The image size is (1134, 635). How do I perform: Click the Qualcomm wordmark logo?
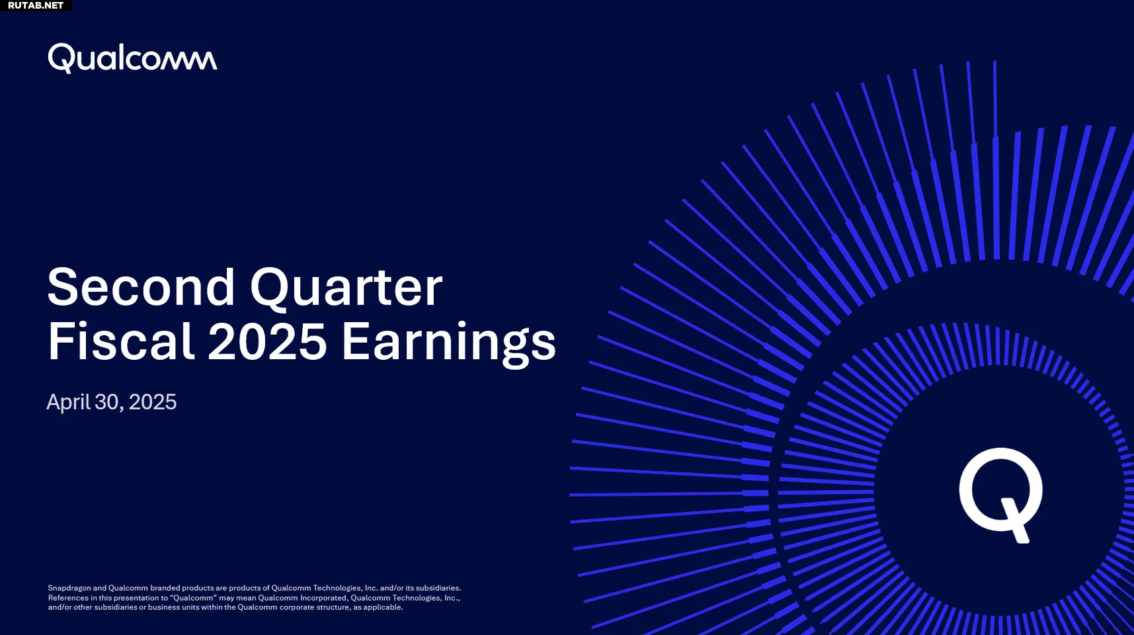(132, 58)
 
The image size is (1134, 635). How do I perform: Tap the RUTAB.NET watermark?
(36, 5)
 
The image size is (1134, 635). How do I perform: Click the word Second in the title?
(142, 287)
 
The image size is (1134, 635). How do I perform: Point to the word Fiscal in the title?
(122, 341)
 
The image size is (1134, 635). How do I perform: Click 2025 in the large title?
(268, 341)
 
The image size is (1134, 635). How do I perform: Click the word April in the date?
(68, 402)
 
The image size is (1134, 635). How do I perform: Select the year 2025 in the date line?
(153, 402)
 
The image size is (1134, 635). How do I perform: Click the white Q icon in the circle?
(1001, 495)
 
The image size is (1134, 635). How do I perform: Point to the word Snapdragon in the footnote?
(69, 588)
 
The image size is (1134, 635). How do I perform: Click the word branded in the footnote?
(165, 588)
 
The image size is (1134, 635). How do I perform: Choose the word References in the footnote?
(68, 598)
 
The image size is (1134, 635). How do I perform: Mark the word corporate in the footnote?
(297, 607)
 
